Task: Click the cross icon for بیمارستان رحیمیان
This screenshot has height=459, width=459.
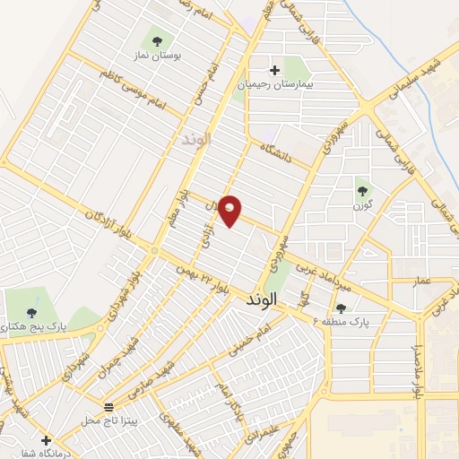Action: pyautogui.click(x=275, y=69)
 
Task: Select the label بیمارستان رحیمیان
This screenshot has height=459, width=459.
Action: pyautogui.click(x=274, y=83)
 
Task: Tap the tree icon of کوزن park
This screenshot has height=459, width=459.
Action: pyautogui.click(x=362, y=190)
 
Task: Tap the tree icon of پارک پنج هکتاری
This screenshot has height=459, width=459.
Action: pyautogui.click(x=32, y=313)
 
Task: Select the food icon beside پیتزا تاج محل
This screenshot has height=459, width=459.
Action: pyautogui.click(x=108, y=407)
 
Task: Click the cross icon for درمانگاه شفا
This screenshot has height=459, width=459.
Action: pyautogui.click(x=45, y=440)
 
